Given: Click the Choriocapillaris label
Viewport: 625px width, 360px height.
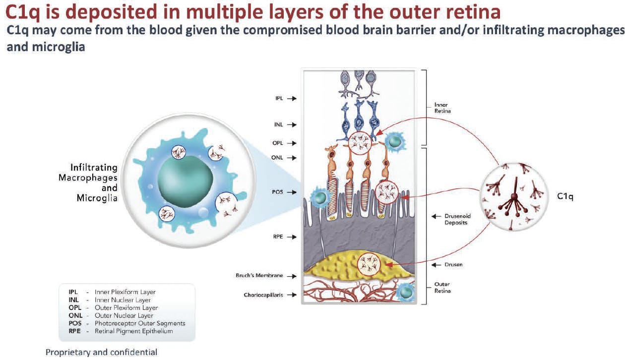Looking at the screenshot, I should (263, 295).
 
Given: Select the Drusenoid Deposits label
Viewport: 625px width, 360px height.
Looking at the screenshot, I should (456, 220).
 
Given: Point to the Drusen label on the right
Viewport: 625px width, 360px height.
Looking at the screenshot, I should (454, 265).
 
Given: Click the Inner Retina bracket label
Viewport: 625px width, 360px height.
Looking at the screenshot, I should (441, 108).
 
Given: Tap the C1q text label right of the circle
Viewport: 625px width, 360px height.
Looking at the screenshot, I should (565, 196).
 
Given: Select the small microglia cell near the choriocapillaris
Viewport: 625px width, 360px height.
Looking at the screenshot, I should (406, 292).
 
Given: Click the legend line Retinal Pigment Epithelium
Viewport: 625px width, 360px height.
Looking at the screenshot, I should (134, 331).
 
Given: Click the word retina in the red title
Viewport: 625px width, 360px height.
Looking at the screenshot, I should (469, 12).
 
